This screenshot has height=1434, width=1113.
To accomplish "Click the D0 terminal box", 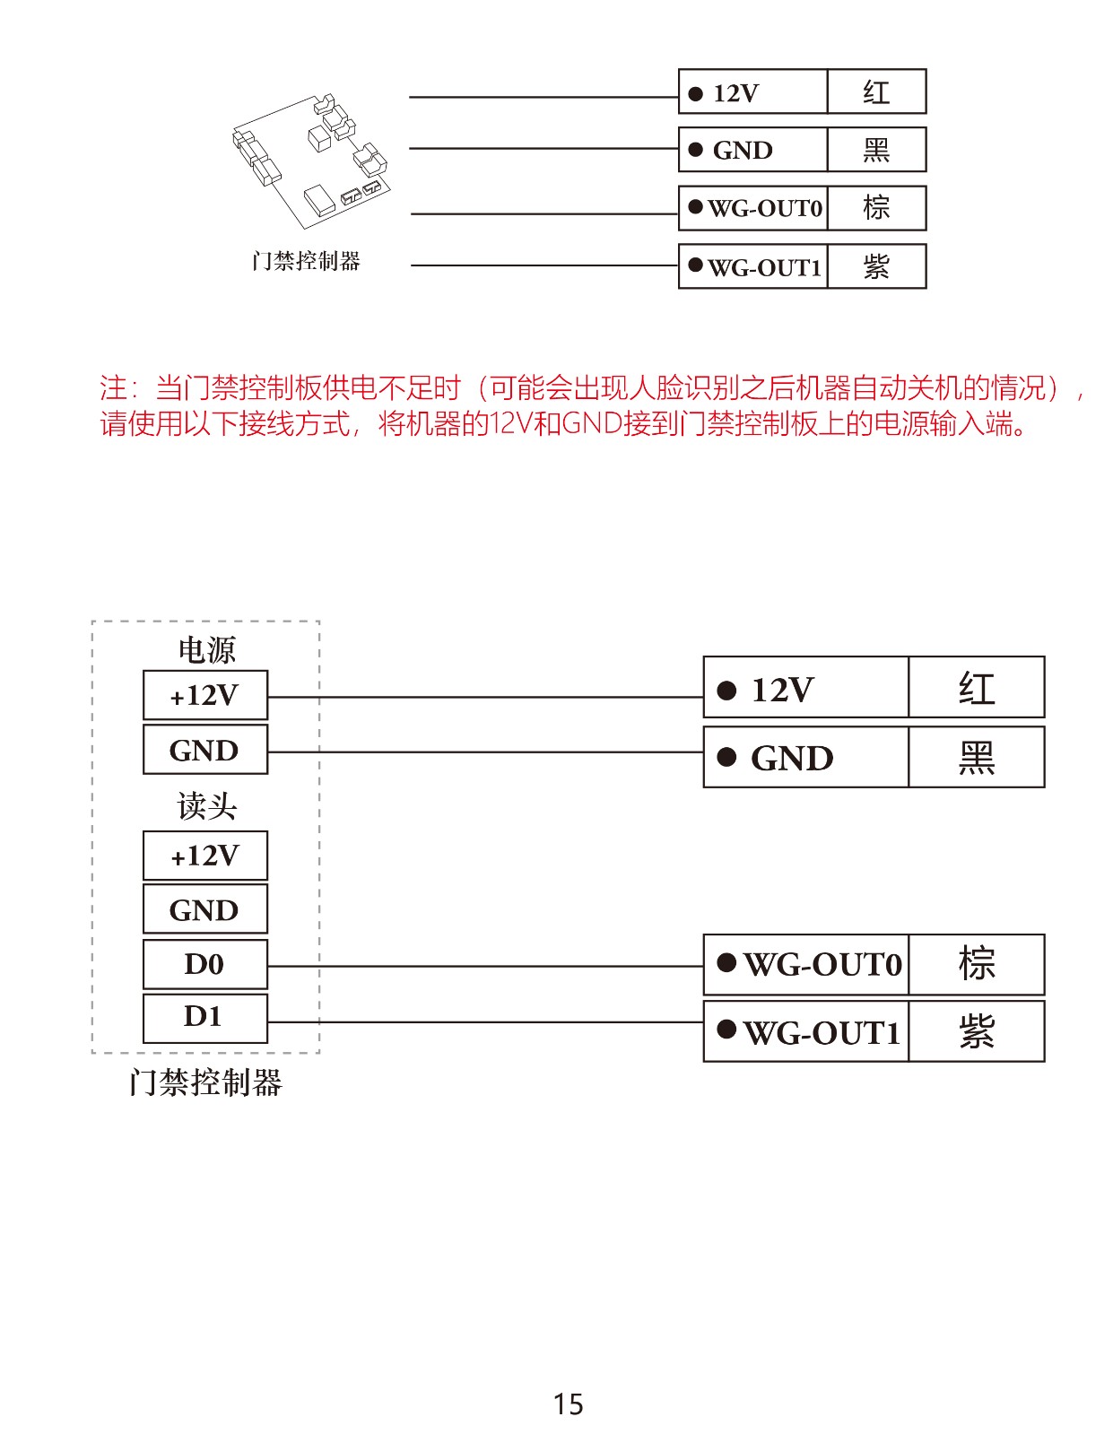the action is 205,963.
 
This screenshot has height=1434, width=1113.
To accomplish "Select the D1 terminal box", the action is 205,1018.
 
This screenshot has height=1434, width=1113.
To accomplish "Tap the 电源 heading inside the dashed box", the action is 206,649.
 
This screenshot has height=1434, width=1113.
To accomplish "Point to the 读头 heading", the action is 206,805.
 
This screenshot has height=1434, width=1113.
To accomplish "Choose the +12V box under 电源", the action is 205,694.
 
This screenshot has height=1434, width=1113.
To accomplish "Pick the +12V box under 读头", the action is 205,855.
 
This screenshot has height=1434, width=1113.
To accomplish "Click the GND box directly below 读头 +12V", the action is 205,908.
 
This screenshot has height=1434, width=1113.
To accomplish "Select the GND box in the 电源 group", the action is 205,749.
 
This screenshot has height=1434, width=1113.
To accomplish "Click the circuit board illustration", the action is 310,161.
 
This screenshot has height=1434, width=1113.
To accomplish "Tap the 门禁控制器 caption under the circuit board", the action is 306,261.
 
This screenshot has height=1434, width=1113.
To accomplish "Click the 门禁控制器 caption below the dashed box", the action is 206,1083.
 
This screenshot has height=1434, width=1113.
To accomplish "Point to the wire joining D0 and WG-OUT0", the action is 485,966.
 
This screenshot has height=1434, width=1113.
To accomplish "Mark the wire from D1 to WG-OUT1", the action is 485,1021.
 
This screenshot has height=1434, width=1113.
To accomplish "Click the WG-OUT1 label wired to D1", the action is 822,1033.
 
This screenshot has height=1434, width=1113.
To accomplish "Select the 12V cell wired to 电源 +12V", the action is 805,686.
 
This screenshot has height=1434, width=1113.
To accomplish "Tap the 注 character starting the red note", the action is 113,387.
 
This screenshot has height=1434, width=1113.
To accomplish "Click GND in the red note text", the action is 593,423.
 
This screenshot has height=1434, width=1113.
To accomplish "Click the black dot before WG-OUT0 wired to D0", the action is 726,962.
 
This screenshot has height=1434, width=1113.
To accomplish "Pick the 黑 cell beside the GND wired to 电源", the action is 977,757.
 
